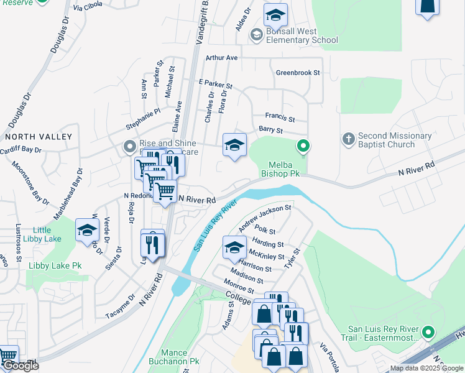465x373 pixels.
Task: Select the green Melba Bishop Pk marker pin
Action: click(303, 147)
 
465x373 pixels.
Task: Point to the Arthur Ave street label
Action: click(222, 57)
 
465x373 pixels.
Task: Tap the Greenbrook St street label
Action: click(298, 73)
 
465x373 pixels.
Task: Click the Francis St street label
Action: click(280, 116)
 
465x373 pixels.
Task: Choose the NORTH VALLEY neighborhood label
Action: click(39, 136)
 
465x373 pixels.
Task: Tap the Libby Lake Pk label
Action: click(55, 265)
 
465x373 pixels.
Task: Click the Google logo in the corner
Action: click(20, 366)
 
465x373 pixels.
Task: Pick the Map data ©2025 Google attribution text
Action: click(426, 368)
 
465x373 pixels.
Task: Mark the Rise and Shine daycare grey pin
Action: click(129, 147)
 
